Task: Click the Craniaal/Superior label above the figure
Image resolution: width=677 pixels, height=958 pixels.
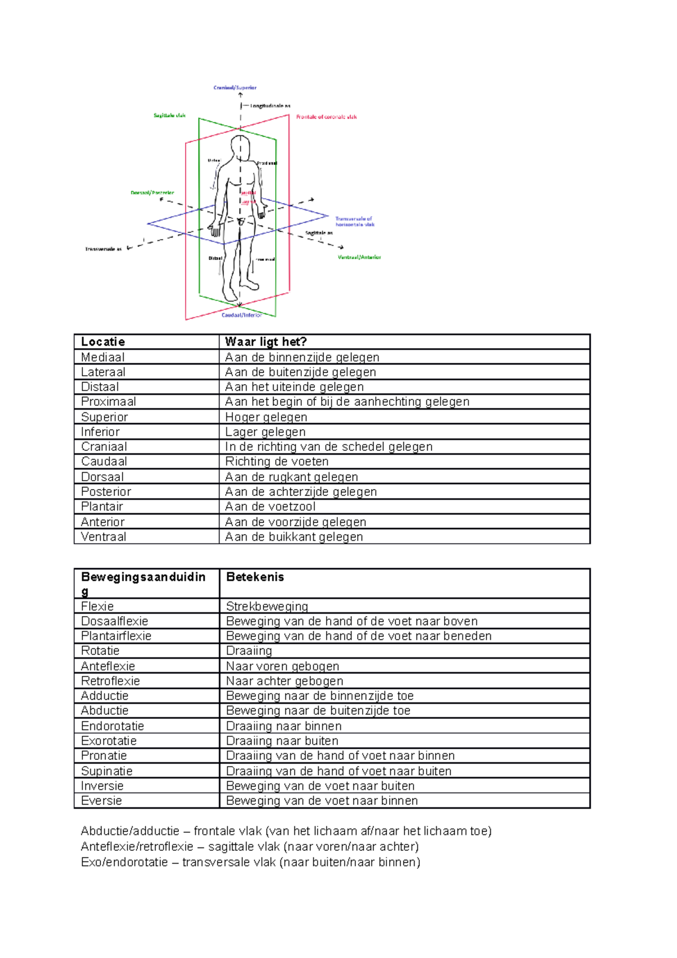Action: tap(235, 87)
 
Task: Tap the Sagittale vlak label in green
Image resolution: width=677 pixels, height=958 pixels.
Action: tap(169, 116)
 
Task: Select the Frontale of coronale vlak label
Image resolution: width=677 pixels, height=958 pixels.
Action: tap(327, 117)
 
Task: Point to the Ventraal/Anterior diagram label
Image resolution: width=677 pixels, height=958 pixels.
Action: tap(359, 257)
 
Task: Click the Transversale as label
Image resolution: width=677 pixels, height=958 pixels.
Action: tap(103, 249)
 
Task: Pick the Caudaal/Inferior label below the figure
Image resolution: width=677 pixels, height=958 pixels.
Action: tap(241, 315)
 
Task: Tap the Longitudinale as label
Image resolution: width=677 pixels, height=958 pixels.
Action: tap(270, 106)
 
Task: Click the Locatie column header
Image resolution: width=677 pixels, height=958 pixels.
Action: tap(103, 342)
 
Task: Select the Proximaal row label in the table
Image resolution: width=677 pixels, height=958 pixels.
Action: tap(108, 402)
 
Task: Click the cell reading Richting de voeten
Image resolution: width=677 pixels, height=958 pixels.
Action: tap(276, 462)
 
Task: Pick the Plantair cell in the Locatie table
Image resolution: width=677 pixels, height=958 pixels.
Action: tap(102, 507)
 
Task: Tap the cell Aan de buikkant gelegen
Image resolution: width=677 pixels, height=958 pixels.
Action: tap(294, 537)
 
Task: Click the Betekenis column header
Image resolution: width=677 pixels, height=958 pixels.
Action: tap(255, 577)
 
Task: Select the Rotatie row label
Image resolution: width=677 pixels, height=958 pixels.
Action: tap(100, 651)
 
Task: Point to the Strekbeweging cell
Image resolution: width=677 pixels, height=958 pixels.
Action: tap(267, 607)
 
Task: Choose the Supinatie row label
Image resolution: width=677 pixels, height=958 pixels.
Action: tap(107, 771)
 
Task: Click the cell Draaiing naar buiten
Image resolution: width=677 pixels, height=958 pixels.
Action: tap(282, 741)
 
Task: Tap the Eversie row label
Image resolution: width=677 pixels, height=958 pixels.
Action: tap(102, 801)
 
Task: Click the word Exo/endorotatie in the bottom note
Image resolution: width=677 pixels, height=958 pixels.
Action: tap(124, 862)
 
